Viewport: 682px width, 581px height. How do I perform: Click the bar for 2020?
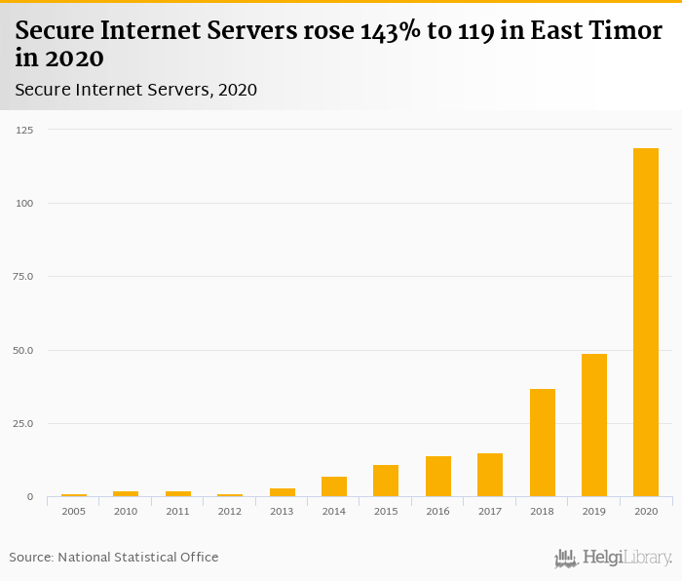pos(645,323)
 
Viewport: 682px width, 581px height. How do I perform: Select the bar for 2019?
pos(593,425)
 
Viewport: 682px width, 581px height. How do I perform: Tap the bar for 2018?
pos(542,443)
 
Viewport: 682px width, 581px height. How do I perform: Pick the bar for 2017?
pos(490,475)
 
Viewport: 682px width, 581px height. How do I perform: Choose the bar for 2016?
pos(437,477)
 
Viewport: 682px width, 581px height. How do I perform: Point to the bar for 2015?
pos(386,481)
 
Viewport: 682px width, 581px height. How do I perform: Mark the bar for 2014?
pos(334,486)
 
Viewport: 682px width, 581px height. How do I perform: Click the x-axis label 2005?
pos(74,511)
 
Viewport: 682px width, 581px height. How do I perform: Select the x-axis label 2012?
pos(230,511)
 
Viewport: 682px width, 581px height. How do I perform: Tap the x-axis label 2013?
pos(282,511)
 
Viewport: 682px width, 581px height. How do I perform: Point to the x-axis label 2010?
pos(126,511)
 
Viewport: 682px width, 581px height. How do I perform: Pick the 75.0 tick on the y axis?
pos(23,277)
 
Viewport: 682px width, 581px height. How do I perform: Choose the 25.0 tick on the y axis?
pos(23,424)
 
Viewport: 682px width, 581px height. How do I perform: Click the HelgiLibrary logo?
pos(614,558)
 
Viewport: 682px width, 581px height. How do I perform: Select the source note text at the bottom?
pos(114,558)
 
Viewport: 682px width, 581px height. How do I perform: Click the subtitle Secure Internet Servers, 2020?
pos(136,90)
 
